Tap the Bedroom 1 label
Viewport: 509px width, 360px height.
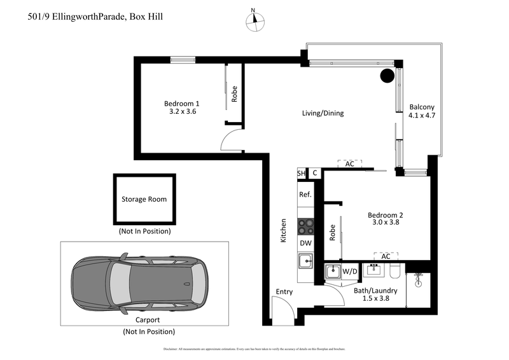click(182, 107)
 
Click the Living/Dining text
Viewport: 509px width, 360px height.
click(323, 114)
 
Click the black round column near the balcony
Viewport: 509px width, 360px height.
click(387, 76)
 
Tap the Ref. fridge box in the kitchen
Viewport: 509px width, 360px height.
click(305, 195)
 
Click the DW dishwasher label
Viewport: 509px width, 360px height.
click(305, 242)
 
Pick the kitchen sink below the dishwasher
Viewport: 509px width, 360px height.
click(306, 261)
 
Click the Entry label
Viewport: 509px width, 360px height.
click(284, 292)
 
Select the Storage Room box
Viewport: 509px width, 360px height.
click(144, 199)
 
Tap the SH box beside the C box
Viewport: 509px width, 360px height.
click(301, 173)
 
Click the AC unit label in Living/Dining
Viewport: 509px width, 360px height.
click(349, 164)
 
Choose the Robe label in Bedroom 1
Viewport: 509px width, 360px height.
click(234, 94)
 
